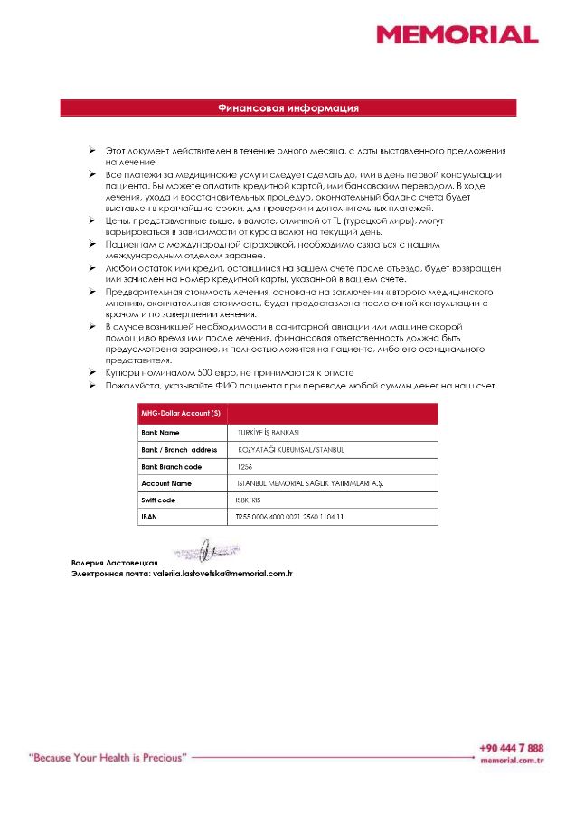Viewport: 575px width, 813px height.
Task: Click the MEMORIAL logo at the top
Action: [457, 35]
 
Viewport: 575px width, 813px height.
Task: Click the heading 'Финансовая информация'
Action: [288, 108]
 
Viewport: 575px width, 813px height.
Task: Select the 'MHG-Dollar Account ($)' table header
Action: [180, 414]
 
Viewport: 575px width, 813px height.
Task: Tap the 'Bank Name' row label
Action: [160, 433]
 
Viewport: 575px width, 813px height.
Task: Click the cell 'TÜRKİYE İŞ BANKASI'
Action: [268, 433]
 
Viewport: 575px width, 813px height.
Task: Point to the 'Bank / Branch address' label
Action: [179, 450]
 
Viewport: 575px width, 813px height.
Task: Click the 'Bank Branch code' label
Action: [171, 467]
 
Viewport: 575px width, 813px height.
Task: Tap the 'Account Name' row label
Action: [166, 484]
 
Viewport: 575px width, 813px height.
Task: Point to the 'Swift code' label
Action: [158, 500]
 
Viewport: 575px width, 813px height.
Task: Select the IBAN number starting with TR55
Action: [289, 518]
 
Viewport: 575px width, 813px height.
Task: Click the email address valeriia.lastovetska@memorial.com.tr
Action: [222, 574]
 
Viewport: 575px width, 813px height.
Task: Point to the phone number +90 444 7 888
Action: [512, 748]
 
